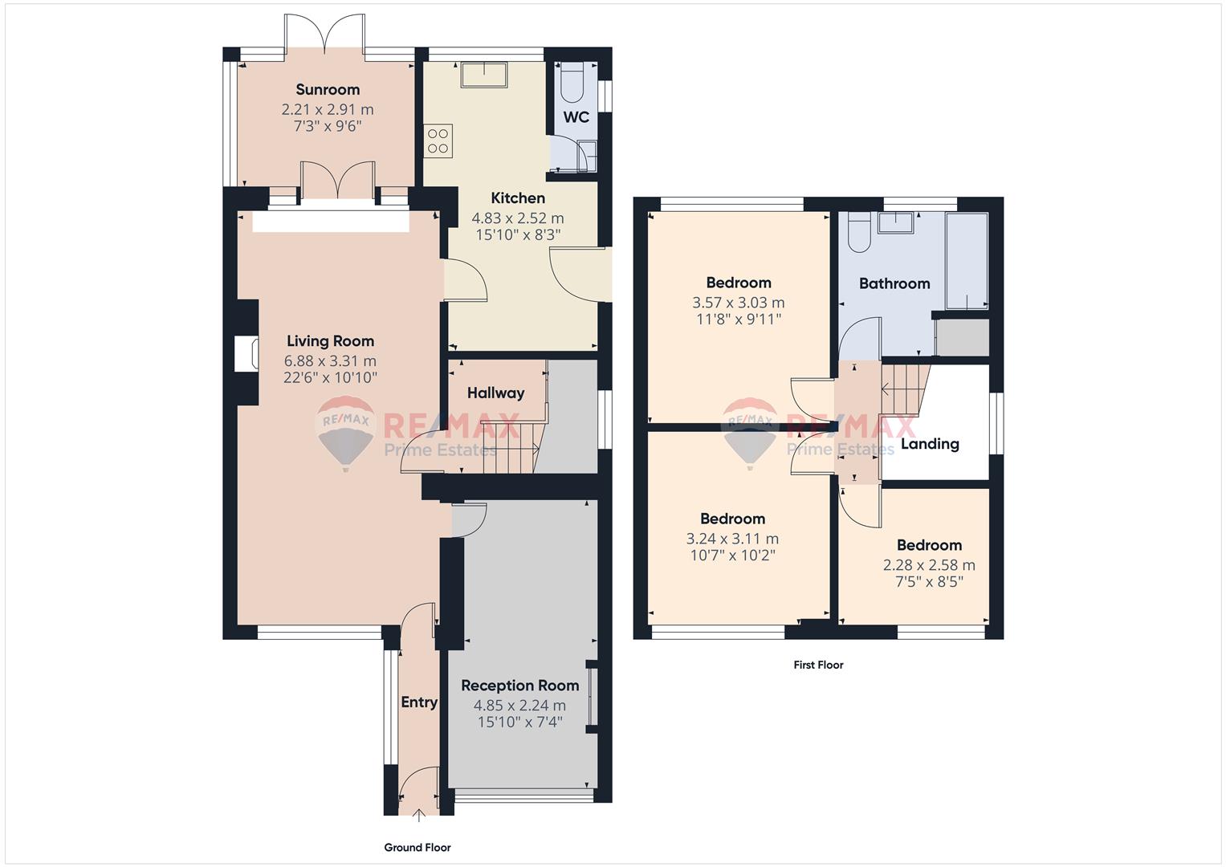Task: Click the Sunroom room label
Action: pos(328,89)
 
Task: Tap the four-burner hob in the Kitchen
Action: pos(438,140)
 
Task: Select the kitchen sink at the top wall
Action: pos(484,75)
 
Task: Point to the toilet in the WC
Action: pos(572,83)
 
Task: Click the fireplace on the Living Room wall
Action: pos(246,353)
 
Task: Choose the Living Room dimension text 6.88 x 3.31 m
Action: pos(330,361)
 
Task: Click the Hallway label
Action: pos(496,393)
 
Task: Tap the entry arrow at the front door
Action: pos(419,815)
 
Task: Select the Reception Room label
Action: pos(520,686)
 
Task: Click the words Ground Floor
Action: pos(417,847)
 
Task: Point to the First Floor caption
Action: pos(818,665)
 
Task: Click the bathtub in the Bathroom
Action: pos(967,261)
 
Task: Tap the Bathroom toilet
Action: pos(859,233)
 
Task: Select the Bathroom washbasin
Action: pos(895,223)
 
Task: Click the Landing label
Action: pos(930,444)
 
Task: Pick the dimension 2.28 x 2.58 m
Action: pos(930,565)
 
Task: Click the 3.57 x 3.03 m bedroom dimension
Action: pos(739,303)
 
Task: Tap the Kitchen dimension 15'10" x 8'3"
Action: pos(518,235)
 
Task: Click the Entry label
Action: pos(419,702)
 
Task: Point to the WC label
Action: pos(576,117)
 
